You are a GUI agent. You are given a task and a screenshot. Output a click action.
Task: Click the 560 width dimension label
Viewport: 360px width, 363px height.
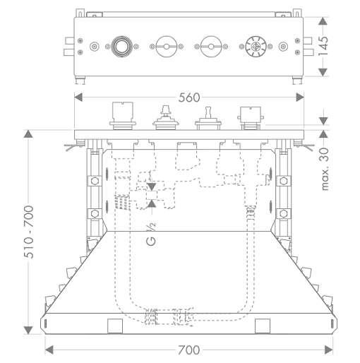tap(189, 97)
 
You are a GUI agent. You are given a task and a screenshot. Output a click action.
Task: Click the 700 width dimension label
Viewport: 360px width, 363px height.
tap(188, 350)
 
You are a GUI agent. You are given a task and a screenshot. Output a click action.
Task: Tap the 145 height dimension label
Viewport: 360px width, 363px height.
tap(323, 46)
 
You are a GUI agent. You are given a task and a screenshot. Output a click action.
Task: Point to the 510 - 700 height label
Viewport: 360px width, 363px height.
tap(29, 232)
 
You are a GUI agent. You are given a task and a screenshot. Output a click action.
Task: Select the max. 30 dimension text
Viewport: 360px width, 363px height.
tap(325, 169)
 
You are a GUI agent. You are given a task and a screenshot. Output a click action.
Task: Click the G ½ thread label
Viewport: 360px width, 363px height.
tap(151, 234)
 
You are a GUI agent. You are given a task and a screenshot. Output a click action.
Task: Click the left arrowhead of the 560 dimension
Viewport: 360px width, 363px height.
tap(78, 97)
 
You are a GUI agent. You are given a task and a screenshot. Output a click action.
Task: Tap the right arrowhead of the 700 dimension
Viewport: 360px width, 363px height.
tap(329, 350)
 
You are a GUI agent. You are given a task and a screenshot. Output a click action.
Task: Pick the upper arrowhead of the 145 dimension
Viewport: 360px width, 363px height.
tap(323, 21)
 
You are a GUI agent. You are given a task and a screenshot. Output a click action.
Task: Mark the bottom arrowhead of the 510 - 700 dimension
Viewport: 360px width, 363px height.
tap(28, 330)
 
